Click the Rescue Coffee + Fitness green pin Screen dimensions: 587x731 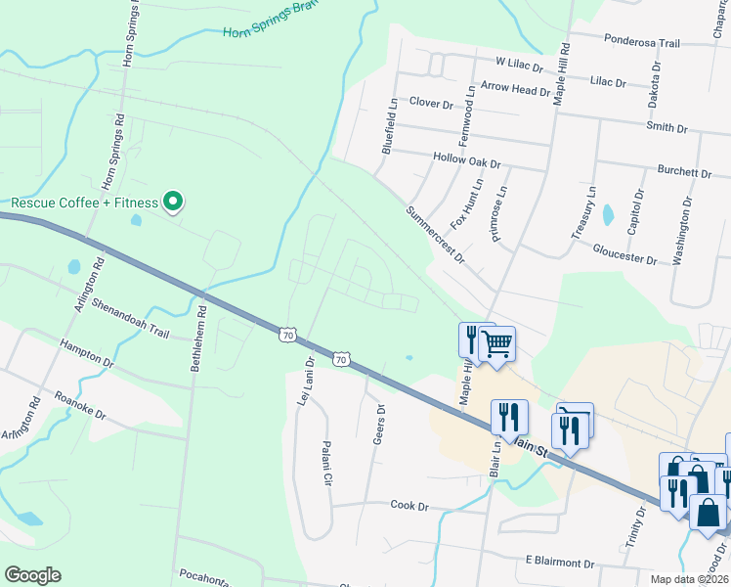pyautogui.click(x=173, y=203)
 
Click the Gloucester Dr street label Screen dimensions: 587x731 pyautogui.click(x=624, y=253)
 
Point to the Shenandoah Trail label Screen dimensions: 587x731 pyautogui.click(x=131, y=319)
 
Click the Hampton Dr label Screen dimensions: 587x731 pyautogui.click(x=86, y=352)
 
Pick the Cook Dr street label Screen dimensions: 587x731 pyautogui.click(x=409, y=506)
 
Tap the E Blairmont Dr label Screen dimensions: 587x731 pyautogui.click(x=559, y=564)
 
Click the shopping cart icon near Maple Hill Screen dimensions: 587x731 pyautogui.click(x=497, y=344)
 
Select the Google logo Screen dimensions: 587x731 pyautogui.click(x=32, y=575)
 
